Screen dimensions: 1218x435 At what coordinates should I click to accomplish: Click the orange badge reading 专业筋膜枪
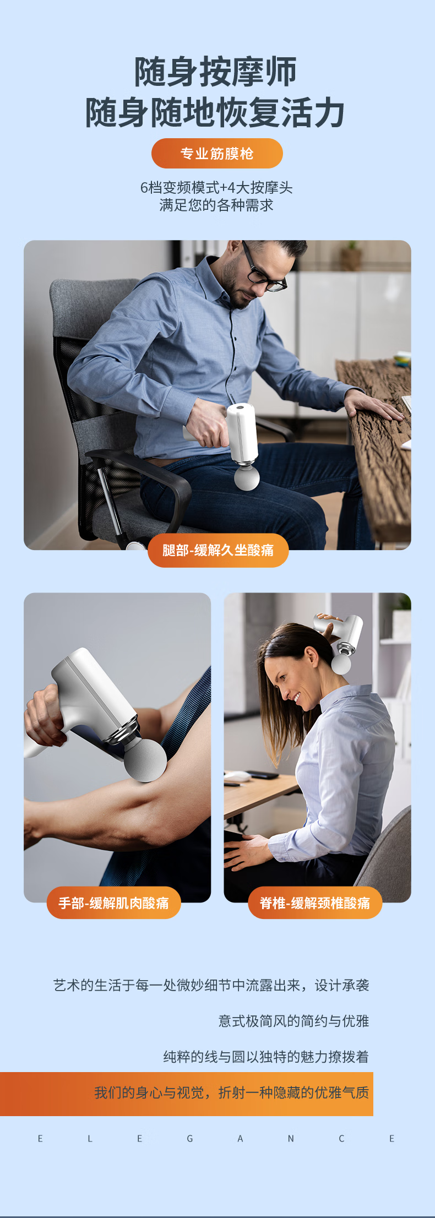click(217, 154)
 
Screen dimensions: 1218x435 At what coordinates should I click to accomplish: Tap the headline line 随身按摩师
click(216, 72)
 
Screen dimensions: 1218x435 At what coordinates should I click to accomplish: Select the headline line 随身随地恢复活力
click(215, 112)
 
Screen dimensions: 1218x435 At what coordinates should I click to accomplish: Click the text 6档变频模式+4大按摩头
click(216, 188)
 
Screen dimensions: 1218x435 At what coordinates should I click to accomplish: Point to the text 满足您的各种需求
click(216, 205)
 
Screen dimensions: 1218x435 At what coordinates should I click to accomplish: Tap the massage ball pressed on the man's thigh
click(247, 477)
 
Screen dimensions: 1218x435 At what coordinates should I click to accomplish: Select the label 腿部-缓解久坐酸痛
click(218, 550)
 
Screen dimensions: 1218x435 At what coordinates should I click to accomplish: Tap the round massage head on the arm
click(145, 760)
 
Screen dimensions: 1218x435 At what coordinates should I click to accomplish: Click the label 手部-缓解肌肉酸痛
click(114, 903)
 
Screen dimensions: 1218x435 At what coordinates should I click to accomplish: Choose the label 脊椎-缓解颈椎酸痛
click(315, 903)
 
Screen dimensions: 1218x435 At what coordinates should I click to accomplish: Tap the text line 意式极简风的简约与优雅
click(293, 1021)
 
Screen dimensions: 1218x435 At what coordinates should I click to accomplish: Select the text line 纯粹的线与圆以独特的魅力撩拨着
click(266, 1057)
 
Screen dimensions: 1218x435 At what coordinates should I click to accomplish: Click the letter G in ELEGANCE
click(190, 1139)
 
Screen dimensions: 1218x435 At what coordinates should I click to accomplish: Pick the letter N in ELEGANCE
click(291, 1139)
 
